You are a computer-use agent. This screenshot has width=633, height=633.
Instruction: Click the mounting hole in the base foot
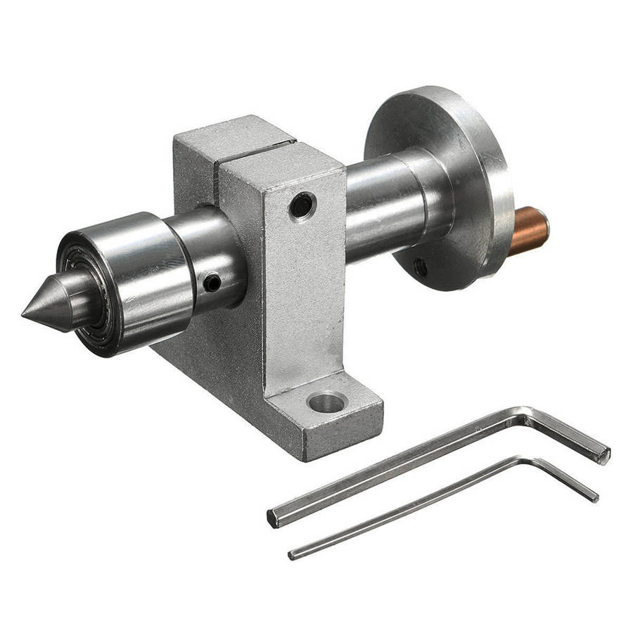[328, 402]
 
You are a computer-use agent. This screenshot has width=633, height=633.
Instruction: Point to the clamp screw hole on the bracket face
[302, 205]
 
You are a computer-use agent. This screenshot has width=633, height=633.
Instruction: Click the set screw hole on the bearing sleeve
[212, 282]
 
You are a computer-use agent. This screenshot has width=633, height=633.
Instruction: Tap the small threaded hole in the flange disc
[420, 267]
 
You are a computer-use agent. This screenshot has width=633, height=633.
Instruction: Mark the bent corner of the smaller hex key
[524, 461]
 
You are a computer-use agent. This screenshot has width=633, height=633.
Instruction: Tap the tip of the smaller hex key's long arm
[292, 556]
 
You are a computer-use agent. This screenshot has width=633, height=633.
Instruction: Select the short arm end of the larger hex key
[602, 454]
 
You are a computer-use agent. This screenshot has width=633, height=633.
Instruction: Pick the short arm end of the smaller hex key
[594, 496]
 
